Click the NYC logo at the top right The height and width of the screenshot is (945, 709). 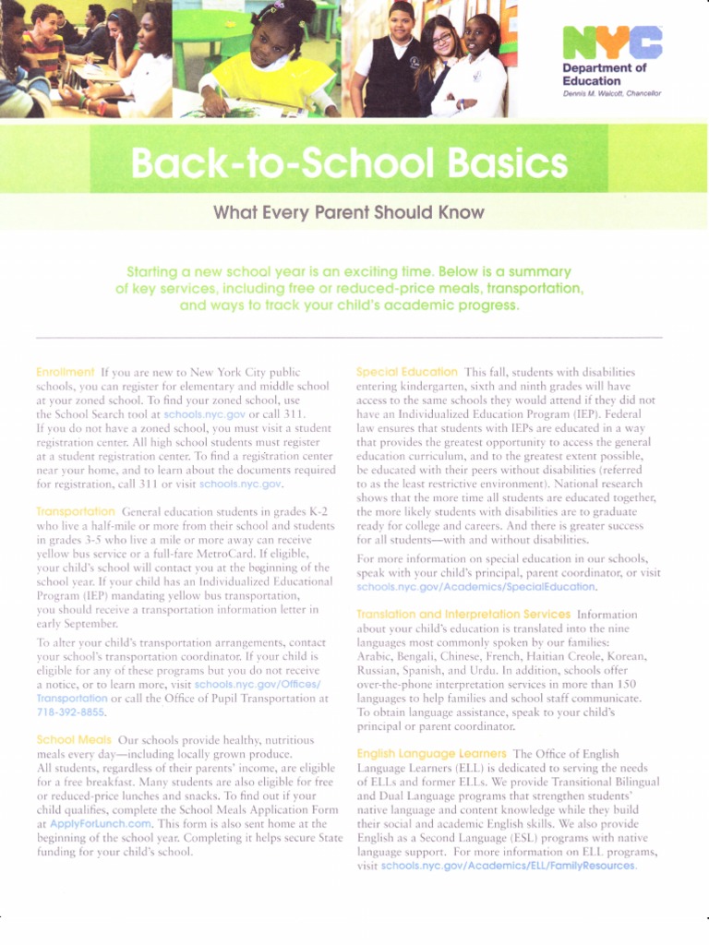tap(612, 42)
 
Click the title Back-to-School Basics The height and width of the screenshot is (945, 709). tap(348, 165)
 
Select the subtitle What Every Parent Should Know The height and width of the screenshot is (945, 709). tap(348, 212)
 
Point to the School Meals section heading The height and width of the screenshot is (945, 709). tap(73, 740)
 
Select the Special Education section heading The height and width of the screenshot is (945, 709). tap(406, 371)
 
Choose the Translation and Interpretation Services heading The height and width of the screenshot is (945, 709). tap(463, 613)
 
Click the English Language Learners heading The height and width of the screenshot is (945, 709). tap(431, 754)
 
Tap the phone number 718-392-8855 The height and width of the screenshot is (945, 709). tap(71, 712)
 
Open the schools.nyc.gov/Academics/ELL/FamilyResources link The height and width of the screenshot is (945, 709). tap(509, 866)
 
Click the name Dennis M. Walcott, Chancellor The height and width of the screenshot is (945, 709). tap(611, 94)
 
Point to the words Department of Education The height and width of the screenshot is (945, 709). tap(605, 75)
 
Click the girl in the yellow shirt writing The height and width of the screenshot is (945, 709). tap(262, 65)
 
